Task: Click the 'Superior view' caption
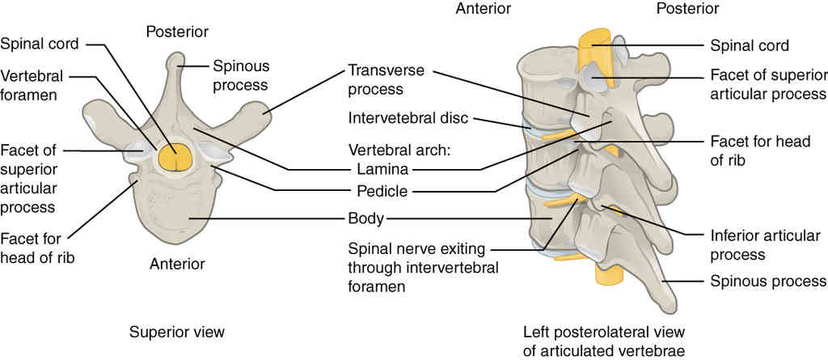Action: tap(176, 332)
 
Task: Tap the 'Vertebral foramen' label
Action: tap(33, 84)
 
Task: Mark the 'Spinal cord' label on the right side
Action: tap(749, 45)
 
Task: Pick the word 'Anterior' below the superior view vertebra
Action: tap(176, 264)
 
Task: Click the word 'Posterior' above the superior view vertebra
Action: tap(177, 32)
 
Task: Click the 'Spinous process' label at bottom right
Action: tap(767, 282)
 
